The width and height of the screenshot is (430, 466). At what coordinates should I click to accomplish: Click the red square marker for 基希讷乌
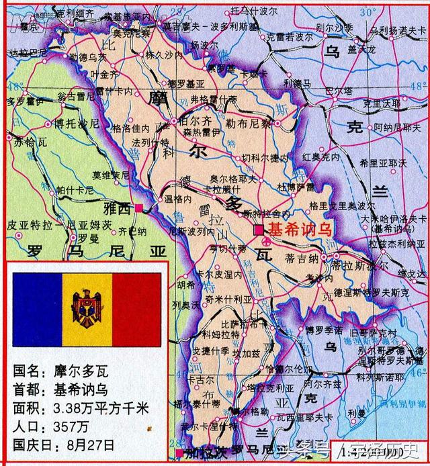click(x=259, y=230)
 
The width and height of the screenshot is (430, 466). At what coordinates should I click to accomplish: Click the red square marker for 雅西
click(x=138, y=207)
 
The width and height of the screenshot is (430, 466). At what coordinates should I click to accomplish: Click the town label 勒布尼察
click(x=249, y=124)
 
